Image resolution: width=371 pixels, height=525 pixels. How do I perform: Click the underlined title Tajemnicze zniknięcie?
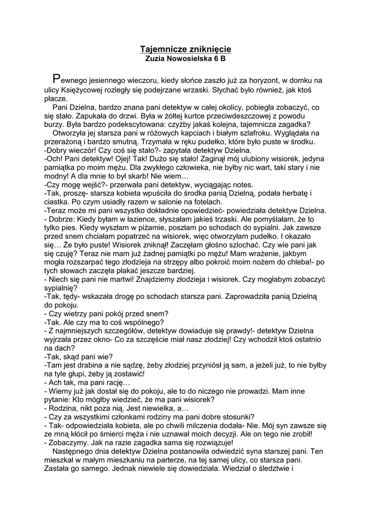(186, 49)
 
